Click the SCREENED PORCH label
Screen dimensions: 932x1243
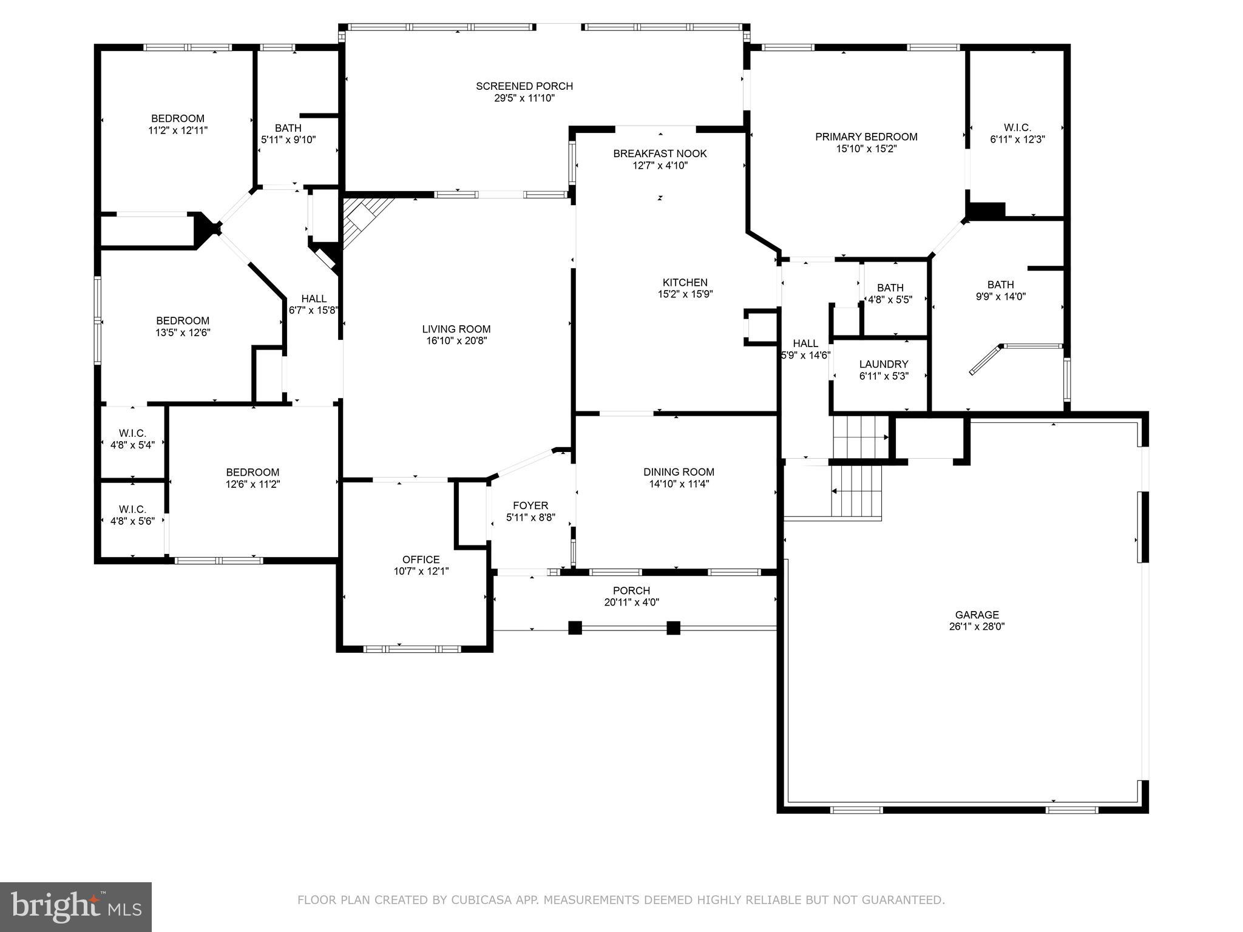[524, 86]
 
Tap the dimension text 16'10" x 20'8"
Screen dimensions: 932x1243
[456, 341]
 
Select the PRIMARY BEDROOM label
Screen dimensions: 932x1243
[865, 137]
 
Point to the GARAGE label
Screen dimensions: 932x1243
[977, 615]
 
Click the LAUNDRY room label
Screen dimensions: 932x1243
[883, 364]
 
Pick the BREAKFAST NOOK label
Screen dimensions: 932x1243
[660, 154]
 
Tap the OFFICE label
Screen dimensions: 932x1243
[421, 559]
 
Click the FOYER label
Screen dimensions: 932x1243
[530, 505]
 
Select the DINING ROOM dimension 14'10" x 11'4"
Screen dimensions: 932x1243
[679, 484]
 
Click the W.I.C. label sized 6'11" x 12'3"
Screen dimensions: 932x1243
[1017, 127]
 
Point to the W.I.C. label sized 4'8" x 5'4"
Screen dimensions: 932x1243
[132, 433]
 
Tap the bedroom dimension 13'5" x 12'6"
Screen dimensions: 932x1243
[183, 333]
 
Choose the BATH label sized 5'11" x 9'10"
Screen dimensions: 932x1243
[288, 128]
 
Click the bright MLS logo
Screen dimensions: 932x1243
[76, 907]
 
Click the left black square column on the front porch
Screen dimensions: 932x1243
[574, 628]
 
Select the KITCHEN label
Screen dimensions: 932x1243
[685, 282]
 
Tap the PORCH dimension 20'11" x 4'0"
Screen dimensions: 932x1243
[631, 603]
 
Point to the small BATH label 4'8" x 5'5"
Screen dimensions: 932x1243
[890, 288]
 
